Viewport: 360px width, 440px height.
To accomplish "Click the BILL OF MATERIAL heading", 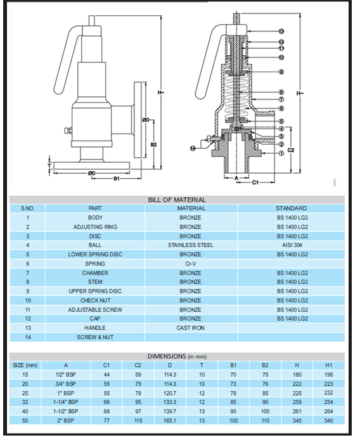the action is pyautogui.click(x=177, y=200).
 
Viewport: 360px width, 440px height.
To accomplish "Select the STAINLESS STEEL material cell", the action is pyautogui.click(x=191, y=245).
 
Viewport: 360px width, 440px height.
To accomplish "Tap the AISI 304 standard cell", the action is pyautogui.click(x=292, y=245).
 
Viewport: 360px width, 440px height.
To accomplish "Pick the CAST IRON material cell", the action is pyautogui.click(x=191, y=328).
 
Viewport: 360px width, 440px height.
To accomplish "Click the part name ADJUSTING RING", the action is pyautogui.click(x=95, y=227).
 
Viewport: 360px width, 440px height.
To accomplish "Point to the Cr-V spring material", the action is pyautogui.click(x=191, y=264).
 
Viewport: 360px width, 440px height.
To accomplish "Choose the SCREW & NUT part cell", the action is pyautogui.click(x=95, y=337).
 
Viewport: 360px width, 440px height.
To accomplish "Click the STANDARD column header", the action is pyautogui.click(x=292, y=208).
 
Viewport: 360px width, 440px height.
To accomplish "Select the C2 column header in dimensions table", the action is pyautogui.click(x=138, y=365).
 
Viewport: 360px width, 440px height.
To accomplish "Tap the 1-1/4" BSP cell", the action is pyautogui.click(x=66, y=402).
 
